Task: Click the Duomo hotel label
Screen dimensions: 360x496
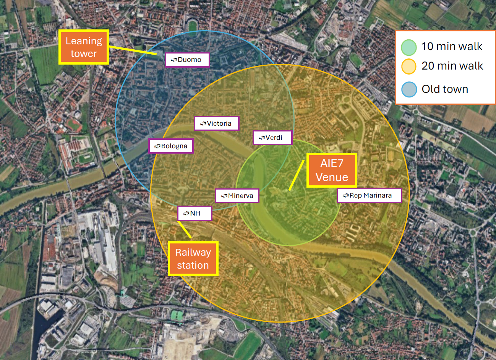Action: tap(187, 60)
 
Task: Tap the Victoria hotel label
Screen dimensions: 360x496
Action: tap(217, 123)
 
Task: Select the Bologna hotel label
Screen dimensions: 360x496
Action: tap(171, 146)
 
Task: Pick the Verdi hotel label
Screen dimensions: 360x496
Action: tap(272, 138)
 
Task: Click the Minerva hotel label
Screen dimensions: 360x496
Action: tap(237, 196)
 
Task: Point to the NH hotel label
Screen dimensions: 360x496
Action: tap(195, 213)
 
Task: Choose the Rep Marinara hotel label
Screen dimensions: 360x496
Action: tap(369, 195)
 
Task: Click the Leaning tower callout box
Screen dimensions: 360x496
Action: tap(84, 47)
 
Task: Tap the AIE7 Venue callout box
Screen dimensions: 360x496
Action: tap(332, 170)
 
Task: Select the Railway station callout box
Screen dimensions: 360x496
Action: tap(193, 259)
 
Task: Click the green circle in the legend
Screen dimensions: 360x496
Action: tap(409, 47)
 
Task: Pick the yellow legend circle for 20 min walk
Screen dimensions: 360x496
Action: tap(409, 66)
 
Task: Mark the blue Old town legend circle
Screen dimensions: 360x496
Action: tap(409, 89)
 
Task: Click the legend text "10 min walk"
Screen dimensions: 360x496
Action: tap(452, 47)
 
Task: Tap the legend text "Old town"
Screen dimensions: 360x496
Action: tap(445, 89)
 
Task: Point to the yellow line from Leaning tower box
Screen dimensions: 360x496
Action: tap(133, 50)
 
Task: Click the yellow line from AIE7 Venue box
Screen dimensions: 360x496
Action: tap(297, 175)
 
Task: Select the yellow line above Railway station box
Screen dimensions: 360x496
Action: tap(185, 229)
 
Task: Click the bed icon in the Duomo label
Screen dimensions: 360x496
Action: tap(174, 60)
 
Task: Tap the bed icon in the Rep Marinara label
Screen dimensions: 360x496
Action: tap(346, 196)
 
